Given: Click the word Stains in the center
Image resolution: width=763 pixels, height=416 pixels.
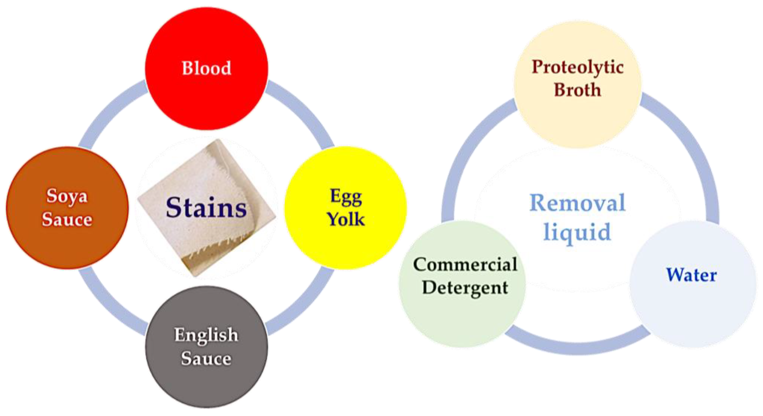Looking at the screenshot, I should point(206,207).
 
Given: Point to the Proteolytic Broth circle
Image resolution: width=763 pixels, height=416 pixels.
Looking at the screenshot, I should point(577,118).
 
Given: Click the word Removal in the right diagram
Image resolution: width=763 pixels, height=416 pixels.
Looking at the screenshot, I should point(577,203).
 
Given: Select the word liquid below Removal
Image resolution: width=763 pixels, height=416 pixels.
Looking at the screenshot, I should point(577,232).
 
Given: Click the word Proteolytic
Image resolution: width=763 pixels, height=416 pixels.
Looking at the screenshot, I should point(577,67).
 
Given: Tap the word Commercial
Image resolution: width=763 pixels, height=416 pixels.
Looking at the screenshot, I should point(465,264).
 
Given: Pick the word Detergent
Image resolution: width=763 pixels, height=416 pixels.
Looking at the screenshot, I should point(465,287).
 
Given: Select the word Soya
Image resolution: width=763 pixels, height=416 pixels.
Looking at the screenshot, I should point(67,196).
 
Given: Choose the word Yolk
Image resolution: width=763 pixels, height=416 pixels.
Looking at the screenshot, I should point(345,220).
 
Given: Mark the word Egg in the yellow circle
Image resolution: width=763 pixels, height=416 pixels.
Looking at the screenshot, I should point(345,197).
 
